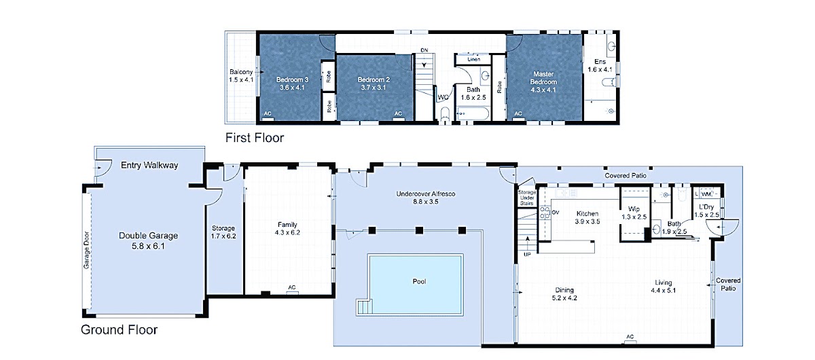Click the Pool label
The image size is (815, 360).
(419, 281)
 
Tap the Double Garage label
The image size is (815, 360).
(149, 236)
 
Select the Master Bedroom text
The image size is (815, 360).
(543, 78)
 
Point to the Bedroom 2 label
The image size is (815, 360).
(374, 79)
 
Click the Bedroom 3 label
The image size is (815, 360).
(292, 79)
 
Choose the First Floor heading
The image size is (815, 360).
(255, 138)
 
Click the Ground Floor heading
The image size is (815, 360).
(119, 329)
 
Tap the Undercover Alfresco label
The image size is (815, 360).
(426, 194)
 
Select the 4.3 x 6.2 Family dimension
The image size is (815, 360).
(287, 232)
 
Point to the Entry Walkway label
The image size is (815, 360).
(149, 165)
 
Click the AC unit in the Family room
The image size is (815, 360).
(292, 291)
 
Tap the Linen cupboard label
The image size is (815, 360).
(474, 59)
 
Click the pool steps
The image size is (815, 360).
(364, 306)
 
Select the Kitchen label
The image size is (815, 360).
(587, 214)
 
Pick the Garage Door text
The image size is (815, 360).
(86, 250)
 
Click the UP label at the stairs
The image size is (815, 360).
(527, 255)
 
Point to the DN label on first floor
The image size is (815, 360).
(424, 50)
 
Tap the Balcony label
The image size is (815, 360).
(241, 72)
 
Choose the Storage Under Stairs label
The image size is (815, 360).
(527, 198)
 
